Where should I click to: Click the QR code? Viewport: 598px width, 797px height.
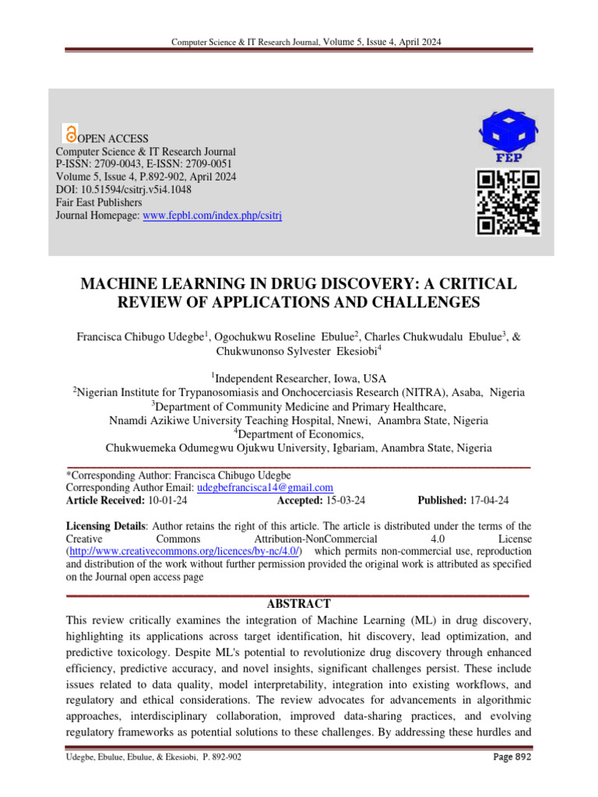pos(508,202)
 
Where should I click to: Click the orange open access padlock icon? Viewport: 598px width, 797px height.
pos(72,133)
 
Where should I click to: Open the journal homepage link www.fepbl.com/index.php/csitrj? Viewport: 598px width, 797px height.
pos(213,215)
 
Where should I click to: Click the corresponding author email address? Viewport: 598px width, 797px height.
pos(265,487)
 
